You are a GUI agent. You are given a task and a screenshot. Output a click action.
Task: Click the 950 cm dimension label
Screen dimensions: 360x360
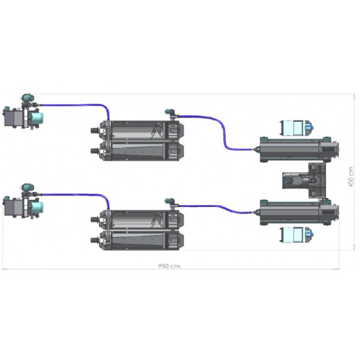coord(169,266)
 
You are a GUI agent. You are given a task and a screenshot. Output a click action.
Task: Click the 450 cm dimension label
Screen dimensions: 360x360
coord(351,177)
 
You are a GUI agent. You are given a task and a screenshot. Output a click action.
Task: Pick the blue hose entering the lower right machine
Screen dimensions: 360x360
coord(216,206)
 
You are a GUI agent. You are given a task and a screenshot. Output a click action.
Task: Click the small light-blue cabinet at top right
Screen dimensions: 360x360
coord(296,127)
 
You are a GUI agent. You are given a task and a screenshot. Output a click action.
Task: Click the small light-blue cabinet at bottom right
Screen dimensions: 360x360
coord(296,235)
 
